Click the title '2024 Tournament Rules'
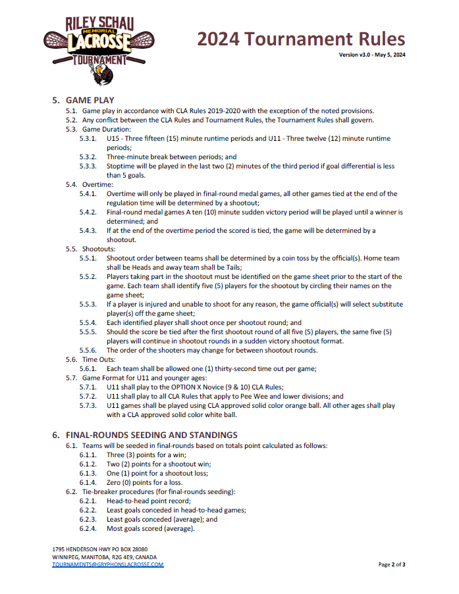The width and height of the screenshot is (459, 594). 301,39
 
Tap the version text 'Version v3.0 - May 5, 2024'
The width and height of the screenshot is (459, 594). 372,55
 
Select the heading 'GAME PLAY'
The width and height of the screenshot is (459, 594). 90,100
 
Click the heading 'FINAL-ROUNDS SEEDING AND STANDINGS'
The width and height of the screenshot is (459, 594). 151,435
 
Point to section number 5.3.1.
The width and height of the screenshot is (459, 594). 88,139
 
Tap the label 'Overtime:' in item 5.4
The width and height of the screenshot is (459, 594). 97,185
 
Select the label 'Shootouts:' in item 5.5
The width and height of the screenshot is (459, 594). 99,249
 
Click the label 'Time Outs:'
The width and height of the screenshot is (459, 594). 100,360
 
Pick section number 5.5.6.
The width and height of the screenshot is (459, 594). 88,351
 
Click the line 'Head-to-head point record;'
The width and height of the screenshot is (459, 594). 149,501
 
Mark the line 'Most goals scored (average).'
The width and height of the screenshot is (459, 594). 151,529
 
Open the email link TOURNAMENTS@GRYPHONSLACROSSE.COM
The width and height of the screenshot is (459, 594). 108,564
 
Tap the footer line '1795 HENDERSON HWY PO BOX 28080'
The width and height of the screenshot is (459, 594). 99,549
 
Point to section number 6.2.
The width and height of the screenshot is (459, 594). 71,492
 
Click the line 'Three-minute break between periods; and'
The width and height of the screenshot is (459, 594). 171,157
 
